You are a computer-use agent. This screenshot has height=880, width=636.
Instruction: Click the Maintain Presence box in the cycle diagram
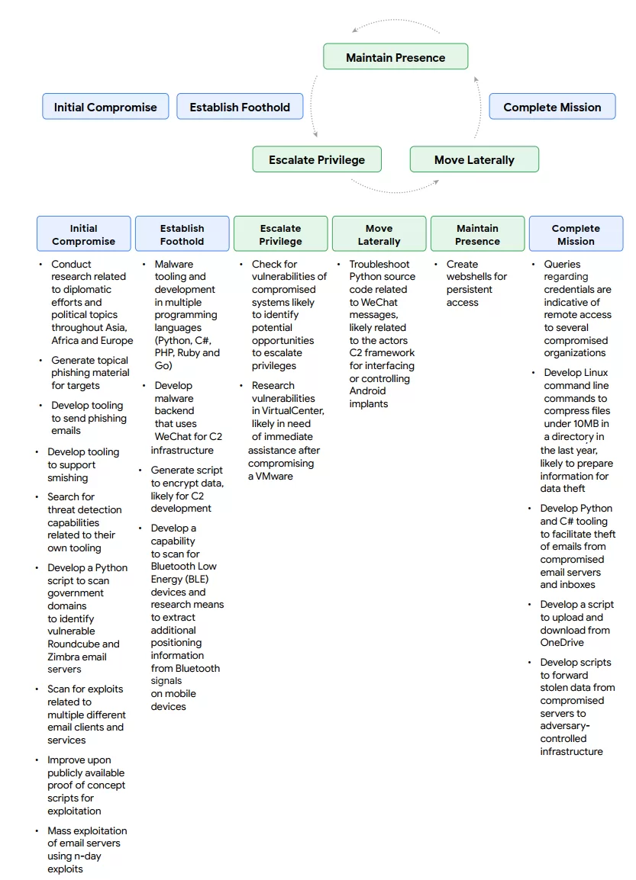[395, 57]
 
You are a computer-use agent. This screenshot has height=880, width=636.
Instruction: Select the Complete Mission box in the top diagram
[552, 107]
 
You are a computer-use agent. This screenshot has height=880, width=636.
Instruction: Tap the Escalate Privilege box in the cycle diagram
[316, 159]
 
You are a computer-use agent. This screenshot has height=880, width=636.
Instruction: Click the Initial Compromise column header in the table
[84, 234]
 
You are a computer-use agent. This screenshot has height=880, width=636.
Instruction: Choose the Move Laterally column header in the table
[379, 234]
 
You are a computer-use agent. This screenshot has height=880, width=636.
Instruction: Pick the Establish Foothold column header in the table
[182, 234]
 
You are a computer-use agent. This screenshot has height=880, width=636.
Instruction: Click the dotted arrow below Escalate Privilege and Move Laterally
[395, 188]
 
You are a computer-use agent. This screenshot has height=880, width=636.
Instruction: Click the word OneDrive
[562, 643]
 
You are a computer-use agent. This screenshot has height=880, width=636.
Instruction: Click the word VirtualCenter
[287, 411]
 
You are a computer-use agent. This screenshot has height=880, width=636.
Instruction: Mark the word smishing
[67, 478]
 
